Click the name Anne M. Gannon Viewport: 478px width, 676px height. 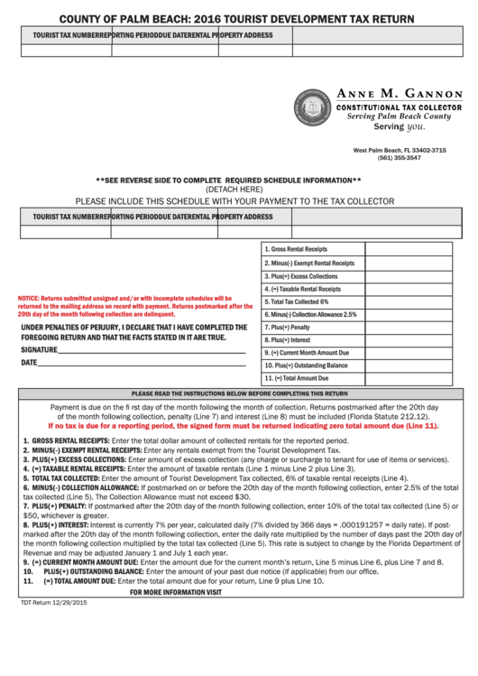click(x=399, y=94)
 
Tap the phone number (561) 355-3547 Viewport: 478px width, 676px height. click(x=399, y=158)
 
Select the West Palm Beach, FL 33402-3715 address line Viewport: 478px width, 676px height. click(x=399, y=150)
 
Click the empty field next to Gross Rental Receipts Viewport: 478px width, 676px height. click(x=415, y=249)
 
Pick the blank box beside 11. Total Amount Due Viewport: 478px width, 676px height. click(x=415, y=378)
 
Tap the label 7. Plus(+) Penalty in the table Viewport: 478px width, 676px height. click(x=288, y=327)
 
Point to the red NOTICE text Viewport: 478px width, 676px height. click(x=126, y=304)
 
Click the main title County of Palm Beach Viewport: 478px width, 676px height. click(x=237, y=17)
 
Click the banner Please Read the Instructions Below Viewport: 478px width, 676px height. click(x=239, y=394)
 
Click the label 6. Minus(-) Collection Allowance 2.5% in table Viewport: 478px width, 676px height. click(x=311, y=314)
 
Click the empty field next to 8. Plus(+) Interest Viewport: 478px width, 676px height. click(x=415, y=339)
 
